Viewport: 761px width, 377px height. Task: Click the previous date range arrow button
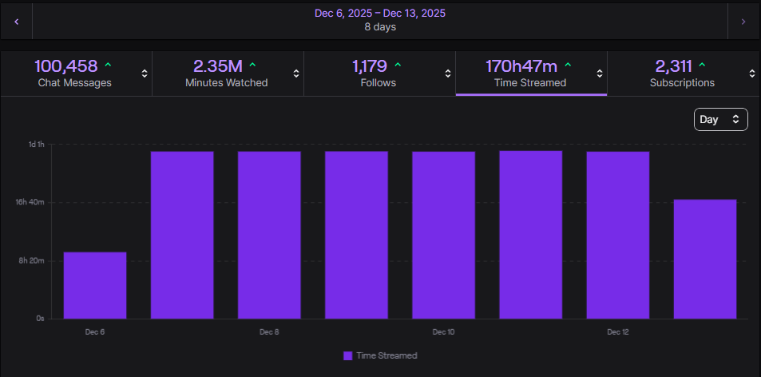pyautogui.click(x=16, y=22)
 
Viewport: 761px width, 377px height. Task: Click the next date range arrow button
pyautogui.click(x=743, y=22)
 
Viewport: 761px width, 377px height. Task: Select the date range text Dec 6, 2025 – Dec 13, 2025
pyautogui.click(x=379, y=14)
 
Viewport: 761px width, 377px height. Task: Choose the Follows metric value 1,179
pyautogui.click(x=371, y=65)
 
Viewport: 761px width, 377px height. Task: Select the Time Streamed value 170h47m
pyautogui.click(x=522, y=65)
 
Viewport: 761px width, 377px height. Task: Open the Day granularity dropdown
pyautogui.click(x=720, y=119)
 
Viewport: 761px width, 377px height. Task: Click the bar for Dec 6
pyautogui.click(x=95, y=285)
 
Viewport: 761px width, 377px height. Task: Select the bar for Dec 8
pyautogui.click(x=269, y=235)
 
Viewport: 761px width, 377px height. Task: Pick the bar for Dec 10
pyautogui.click(x=443, y=235)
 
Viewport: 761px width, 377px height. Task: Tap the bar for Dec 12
pyautogui.click(x=617, y=235)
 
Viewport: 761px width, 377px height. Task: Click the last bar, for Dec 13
pyautogui.click(x=704, y=259)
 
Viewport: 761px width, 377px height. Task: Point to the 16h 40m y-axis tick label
pyautogui.click(x=31, y=203)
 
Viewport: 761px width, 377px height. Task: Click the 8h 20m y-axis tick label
pyautogui.click(x=31, y=261)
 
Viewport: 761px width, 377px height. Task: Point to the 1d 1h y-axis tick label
pyautogui.click(x=37, y=145)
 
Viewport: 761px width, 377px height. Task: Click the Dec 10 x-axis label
pyautogui.click(x=443, y=331)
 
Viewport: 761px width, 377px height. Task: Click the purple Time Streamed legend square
pyautogui.click(x=347, y=355)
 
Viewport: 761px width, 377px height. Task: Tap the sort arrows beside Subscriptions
pyautogui.click(x=751, y=73)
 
